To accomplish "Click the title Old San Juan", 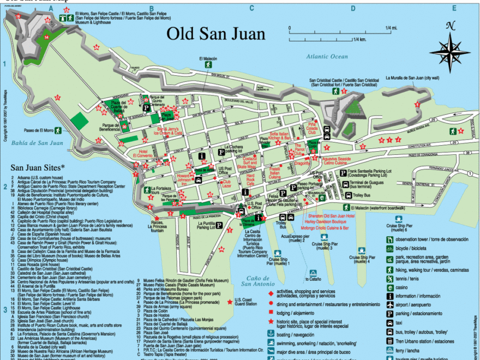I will (215, 33).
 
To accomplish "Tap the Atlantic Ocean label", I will (327, 56).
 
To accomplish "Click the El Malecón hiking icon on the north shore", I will (208, 65).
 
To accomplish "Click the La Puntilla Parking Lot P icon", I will (219, 224).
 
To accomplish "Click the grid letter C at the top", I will (251, 8).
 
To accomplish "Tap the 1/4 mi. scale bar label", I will (391, 27).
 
